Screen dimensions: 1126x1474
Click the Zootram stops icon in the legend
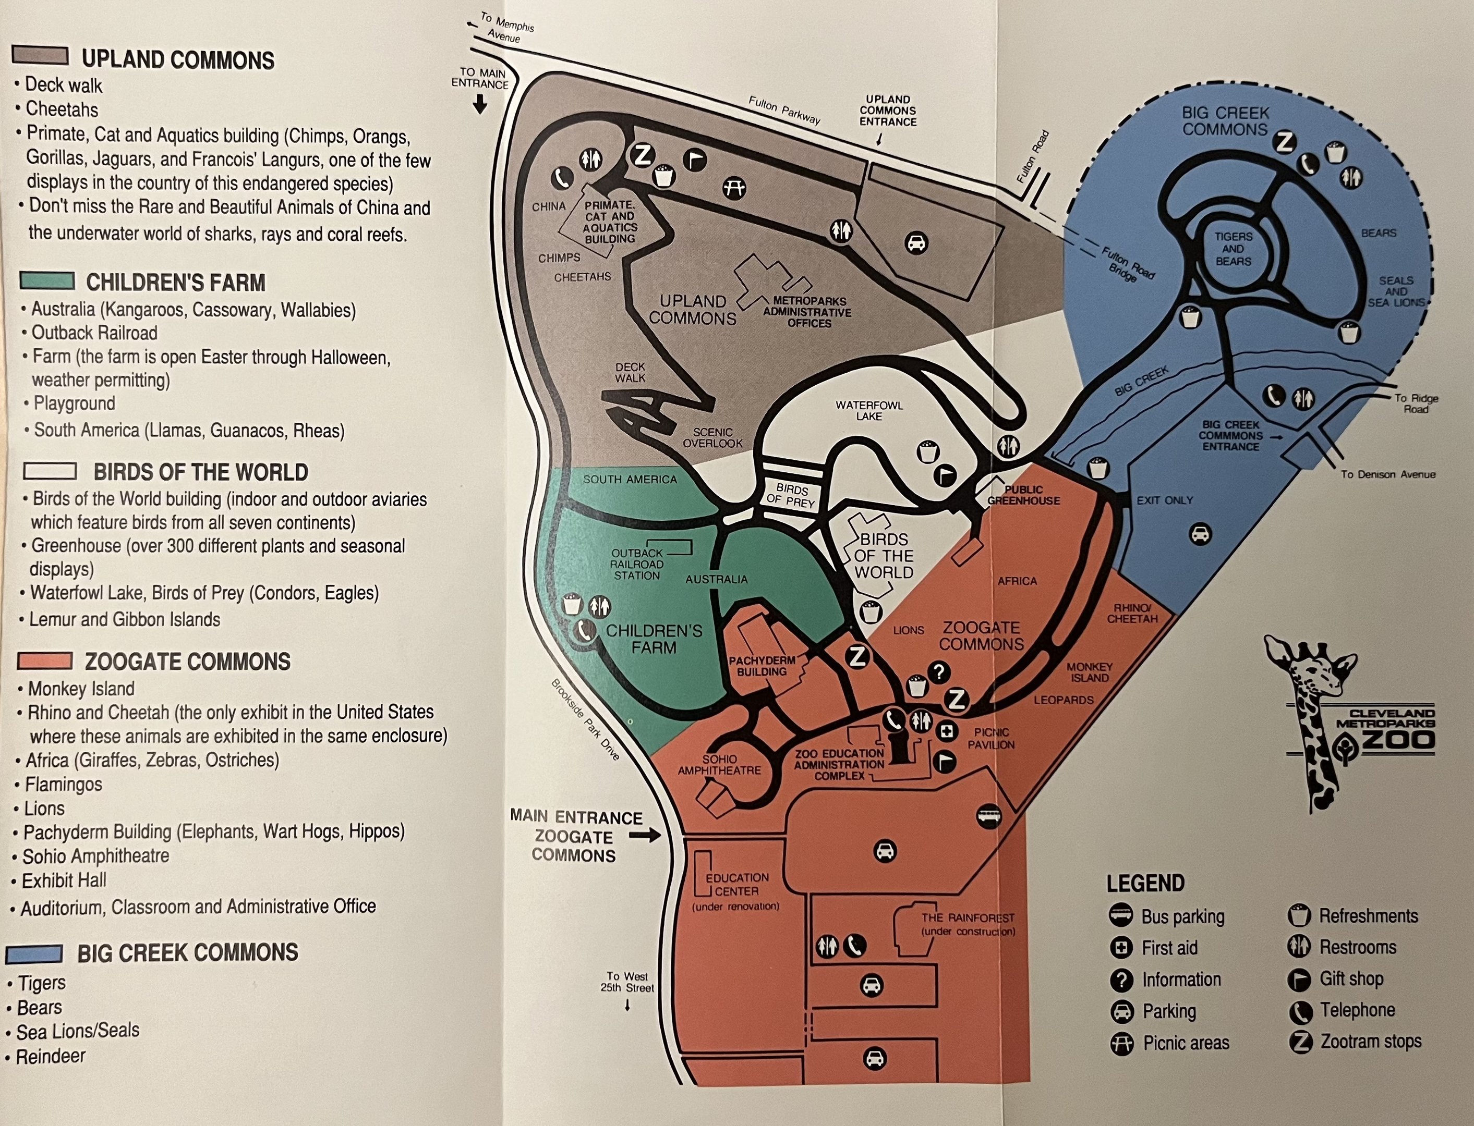pos(1300,1042)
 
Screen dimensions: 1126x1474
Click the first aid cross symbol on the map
pos(946,731)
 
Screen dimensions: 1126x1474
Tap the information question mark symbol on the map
pos(939,671)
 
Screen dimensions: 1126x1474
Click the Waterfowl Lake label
pos(869,410)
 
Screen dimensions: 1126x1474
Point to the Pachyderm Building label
pos(762,666)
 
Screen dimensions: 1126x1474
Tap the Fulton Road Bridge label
pos(1128,265)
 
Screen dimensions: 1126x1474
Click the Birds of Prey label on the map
pos(791,496)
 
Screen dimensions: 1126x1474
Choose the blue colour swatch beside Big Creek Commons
pos(34,953)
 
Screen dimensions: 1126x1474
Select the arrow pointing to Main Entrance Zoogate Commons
pos(645,836)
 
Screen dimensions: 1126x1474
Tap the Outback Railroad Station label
pos(636,565)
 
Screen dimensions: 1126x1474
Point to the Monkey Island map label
pos(1089,672)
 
